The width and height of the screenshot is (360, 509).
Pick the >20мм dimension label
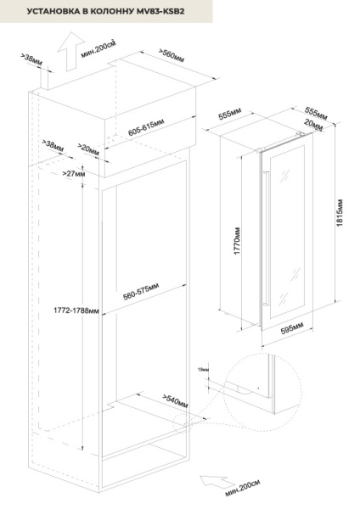pos(88,148)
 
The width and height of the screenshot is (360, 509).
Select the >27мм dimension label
pos(74,174)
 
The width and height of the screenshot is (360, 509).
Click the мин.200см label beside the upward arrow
pos(98,47)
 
